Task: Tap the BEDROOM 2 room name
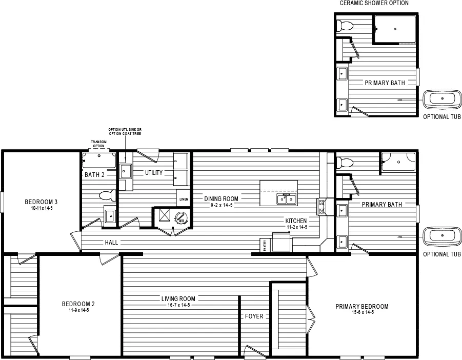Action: (x=78, y=304)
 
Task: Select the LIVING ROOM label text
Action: (x=178, y=298)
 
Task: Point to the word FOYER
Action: (x=254, y=316)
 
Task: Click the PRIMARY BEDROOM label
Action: (x=361, y=307)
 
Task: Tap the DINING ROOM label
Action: (x=222, y=198)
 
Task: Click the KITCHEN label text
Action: (x=296, y=221)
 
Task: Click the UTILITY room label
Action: (x=153, y=173)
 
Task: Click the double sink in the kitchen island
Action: (x=286, y=198)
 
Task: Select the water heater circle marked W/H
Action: (x=181, y=217)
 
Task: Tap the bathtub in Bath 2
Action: (x=99, y=161)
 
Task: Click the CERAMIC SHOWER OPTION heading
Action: (x=374, y=3)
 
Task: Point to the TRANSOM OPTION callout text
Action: (x=97, y=143)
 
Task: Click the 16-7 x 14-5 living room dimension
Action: (x=178, y=305)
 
